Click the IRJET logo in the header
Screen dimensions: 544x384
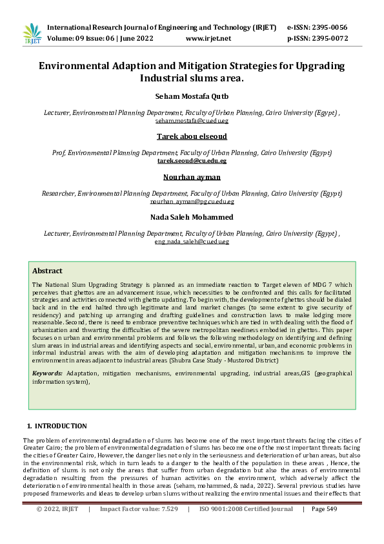(32, 34)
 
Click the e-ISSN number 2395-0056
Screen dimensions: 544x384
(327, 27)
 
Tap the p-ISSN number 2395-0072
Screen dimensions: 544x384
(327, 39)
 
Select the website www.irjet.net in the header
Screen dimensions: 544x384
(208, 39)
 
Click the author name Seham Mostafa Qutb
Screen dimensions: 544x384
(192, 96)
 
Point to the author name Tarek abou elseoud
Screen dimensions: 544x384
(192, 137)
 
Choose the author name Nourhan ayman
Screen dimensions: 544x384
(192, 177)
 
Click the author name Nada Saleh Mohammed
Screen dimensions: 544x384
(192, 217)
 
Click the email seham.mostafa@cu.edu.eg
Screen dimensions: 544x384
(192, 120)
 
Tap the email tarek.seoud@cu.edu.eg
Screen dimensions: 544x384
(192, 161)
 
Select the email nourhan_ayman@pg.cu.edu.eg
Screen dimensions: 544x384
(192, 201)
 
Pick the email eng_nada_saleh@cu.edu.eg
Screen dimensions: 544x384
(192, 241)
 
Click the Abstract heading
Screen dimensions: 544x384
(47, 271)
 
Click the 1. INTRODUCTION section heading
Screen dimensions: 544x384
(57, 426)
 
